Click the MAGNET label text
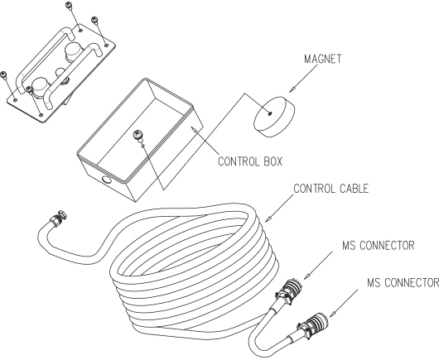(323, 59)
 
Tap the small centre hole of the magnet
(270, 113)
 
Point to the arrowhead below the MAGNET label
(292, 89)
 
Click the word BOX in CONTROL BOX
(273, 161)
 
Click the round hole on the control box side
(107, 180)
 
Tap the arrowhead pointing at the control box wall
(194, 129)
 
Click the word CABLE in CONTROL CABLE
(355, 189)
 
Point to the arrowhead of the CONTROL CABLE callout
(268, 218)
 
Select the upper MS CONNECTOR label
(378, 245)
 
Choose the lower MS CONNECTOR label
(403, 282)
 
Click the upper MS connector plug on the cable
(288, 292)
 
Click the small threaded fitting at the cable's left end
(59, 216)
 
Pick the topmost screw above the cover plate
(70, 5)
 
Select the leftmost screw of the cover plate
(3, 74)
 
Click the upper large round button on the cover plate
(73, 51)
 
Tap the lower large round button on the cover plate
(41, 86)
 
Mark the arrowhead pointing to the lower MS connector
(333, 314)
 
